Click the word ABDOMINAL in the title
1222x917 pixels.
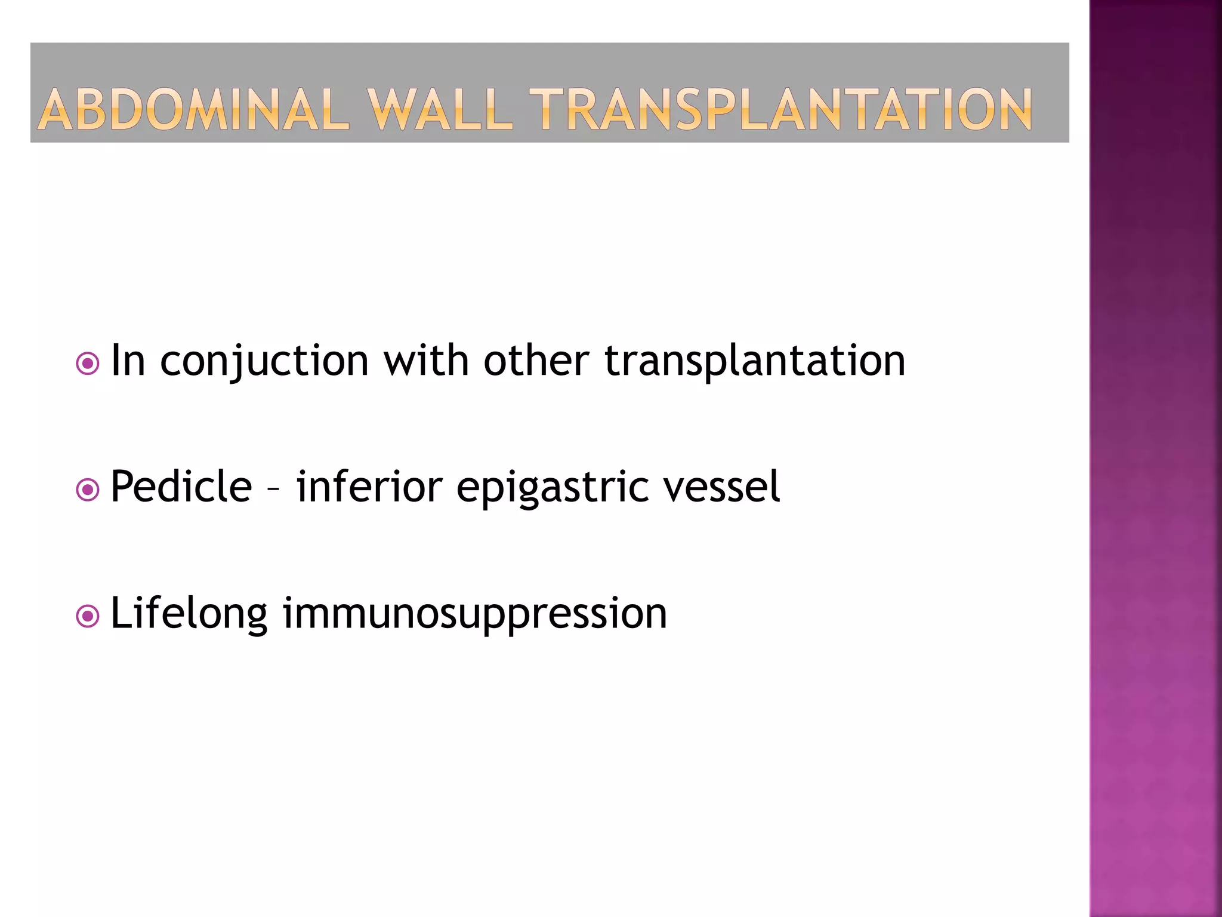pyautogui.click(x=193, y=110)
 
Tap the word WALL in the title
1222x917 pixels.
pyautogui.click(x=440, y=110)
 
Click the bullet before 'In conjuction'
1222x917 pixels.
pyautogui.click(x=88, y=363)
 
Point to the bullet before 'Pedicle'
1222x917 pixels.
pyautogui.click(x=88, y=490)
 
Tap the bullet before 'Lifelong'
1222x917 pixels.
pyautogui.click(x=88, y=616)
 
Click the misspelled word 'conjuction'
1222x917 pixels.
pyautogui.click(x=264, y=362)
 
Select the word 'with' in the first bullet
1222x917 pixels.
pyautogui.click(x=426, y=361)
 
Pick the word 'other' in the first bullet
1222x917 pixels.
pyautogui.click(x=536, y=361)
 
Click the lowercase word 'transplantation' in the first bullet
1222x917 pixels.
pyautogui.click(x=755, y=362)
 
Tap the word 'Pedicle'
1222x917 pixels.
pyautogui.click(x=181, y=487)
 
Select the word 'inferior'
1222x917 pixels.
pyautogui.click(x=369, y=487)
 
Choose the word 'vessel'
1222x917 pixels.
pyautogui.click(x=721, y=487)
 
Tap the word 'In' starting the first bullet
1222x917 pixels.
pyautogui.click(x=128, y=361)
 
